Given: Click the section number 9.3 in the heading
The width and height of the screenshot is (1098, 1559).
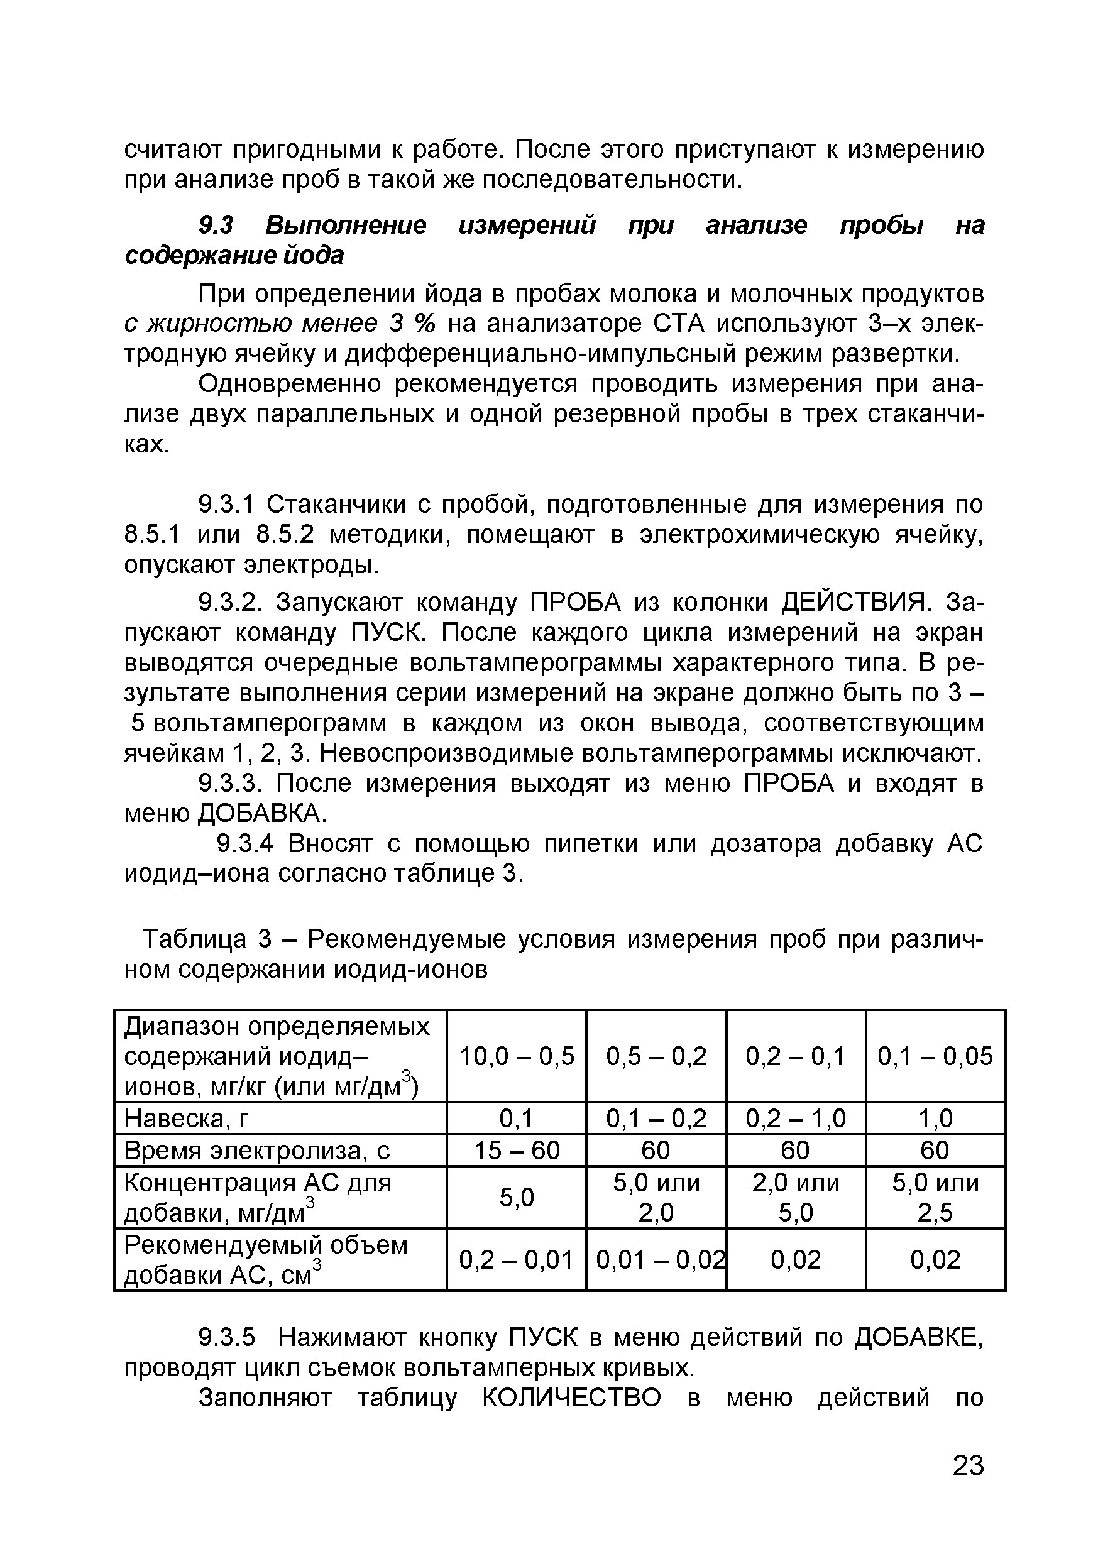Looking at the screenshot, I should pos(215,225).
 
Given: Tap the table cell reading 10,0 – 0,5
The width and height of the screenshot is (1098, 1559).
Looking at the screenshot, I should pos(516,1056).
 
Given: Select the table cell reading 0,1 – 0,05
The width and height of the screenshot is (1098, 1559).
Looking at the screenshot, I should pos(935,1056).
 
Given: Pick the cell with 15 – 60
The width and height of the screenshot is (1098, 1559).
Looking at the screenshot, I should pos(516,1149).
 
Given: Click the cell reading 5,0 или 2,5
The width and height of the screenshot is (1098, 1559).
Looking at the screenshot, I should pos(935,1197).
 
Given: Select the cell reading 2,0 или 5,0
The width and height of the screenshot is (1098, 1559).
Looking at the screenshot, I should pos(795,1197).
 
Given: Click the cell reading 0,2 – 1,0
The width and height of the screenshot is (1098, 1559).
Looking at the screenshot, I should pos(795,1118).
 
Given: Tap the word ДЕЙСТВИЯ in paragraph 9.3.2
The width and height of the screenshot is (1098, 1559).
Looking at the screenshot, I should pos(856,601).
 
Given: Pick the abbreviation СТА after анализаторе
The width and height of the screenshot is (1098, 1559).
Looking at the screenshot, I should pos(679,324).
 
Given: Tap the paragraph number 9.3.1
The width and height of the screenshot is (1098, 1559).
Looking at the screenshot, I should pos(225,505).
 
